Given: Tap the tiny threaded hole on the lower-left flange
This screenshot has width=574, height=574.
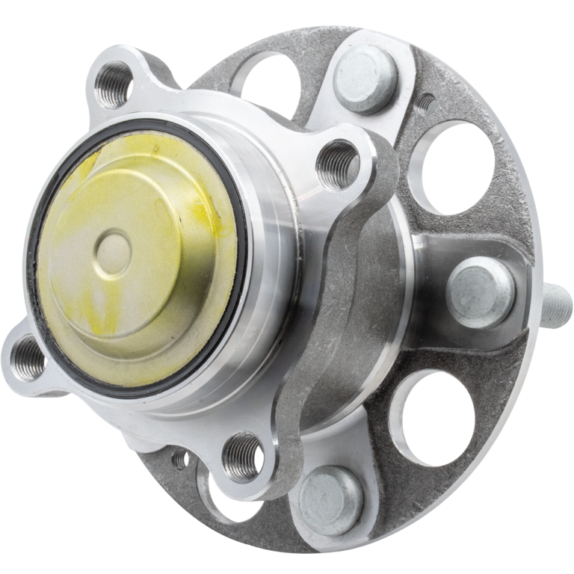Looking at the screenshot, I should [181, 459].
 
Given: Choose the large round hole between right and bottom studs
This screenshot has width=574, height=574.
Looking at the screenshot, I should [433, 415].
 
